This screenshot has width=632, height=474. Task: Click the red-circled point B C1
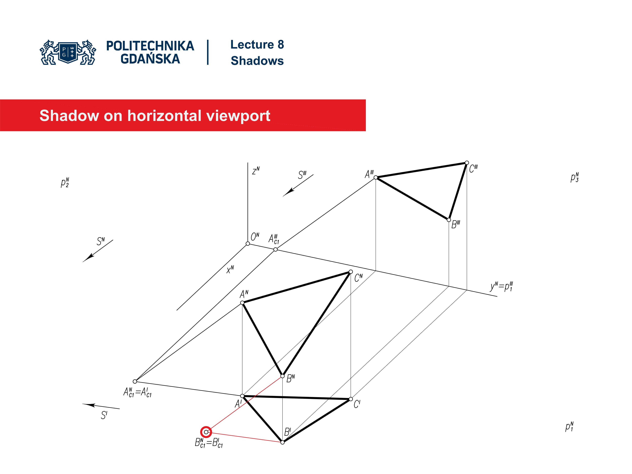coord(206,432)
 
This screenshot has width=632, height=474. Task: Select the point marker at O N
coord(248,243)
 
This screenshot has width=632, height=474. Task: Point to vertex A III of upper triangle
coord(376,177)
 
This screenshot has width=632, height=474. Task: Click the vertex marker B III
coord(448,220)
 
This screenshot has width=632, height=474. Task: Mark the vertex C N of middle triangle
coord(351,272)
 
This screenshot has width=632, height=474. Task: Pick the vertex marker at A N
coord(242,303)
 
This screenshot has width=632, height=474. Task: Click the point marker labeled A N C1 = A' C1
coord(135,381)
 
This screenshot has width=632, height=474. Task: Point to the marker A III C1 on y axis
coord(275,250)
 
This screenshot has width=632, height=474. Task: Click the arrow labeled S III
coord(298,185)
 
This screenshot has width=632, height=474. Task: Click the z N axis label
coord(256,171)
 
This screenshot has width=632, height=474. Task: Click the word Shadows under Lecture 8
coord(257,61)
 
